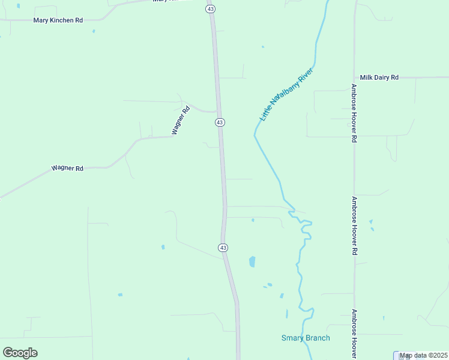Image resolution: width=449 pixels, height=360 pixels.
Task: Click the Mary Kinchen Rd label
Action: [x=58, y=20]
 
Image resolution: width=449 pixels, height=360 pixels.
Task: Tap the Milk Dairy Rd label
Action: [x=379, y=77]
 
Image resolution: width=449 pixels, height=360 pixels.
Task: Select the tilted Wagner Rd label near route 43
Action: [x=181, y=120]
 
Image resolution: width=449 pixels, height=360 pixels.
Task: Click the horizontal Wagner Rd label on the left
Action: [x=67, y=169]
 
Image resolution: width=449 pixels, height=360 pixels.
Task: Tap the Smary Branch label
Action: [x=306, y=338]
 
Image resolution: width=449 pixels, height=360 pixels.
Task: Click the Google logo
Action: [x=20, y=353]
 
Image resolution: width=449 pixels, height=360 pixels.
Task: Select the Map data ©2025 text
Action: [x=424, y=355]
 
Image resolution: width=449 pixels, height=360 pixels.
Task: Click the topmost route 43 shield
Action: [x=209, y=9]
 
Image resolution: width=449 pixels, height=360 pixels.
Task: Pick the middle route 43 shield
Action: [x=220, y=122]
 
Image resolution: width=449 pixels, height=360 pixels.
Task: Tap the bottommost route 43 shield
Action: [x=223, y=247]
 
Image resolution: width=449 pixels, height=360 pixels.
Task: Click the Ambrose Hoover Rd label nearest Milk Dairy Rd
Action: [x=354, y=112]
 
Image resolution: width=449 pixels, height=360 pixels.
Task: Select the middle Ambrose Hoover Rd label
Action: [x=354, y=226]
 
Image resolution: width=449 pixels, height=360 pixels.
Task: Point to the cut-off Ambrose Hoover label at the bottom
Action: [x=354, y=334]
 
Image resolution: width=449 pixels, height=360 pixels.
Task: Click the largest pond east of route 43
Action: [x=252, y=262]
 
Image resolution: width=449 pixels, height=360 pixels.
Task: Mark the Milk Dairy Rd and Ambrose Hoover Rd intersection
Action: [x=354, y=77]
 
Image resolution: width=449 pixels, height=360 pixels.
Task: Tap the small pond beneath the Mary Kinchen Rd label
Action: [x=94, y=31]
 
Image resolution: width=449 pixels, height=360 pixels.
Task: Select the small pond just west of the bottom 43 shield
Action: [x=163, y=247]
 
